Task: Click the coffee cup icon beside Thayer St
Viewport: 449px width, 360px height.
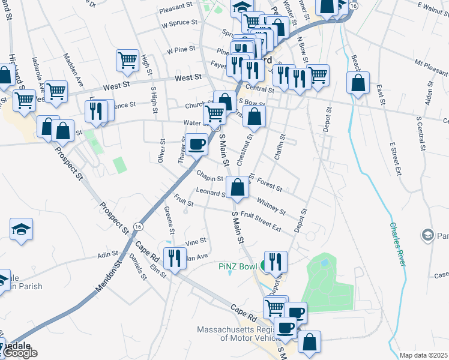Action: pos(196,144)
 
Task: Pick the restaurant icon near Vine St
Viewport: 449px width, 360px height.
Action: pos(175,259)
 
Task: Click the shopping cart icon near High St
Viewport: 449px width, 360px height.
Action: pos(127,59)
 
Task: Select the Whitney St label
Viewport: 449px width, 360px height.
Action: pos(271,206)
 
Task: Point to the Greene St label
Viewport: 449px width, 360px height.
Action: pos(170,221)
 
